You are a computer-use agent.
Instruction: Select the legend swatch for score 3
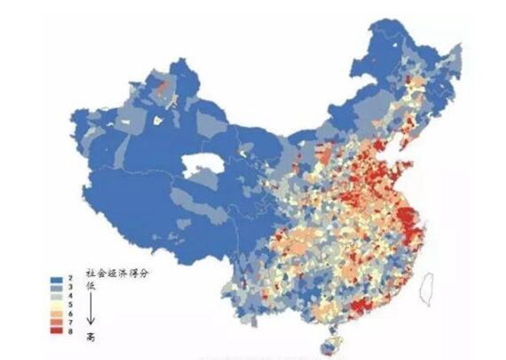(x=56, y=287)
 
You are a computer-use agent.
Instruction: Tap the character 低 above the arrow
(x=91, y=287)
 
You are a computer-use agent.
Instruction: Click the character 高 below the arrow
(x=91, y=336)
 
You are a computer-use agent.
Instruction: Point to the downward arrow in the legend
(x=91, y=312)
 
